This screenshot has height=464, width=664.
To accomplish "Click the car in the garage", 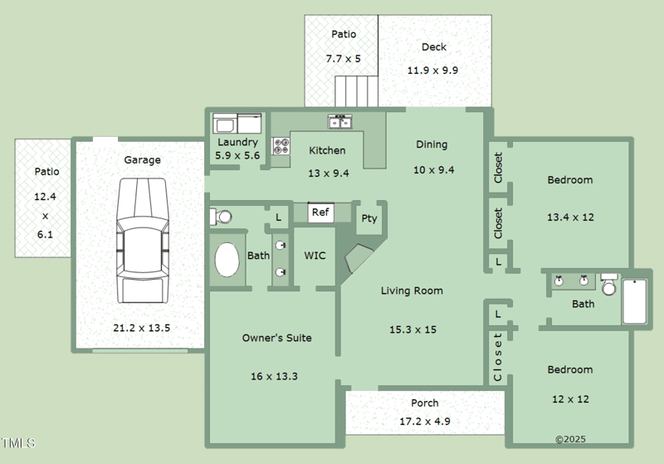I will [142, 241].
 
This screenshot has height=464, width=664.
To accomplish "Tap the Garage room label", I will [143, 160].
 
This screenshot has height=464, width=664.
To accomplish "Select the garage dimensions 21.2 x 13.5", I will [141, 328].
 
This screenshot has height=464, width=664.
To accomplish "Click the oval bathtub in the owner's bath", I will [227, 260].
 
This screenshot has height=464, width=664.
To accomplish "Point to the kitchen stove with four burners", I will [281, 147].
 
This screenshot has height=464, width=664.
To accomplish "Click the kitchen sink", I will [340, 123].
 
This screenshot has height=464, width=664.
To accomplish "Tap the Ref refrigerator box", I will [320, 212].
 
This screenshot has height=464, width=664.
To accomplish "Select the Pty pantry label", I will [369, 219].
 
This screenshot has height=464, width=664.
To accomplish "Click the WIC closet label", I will [315, 256].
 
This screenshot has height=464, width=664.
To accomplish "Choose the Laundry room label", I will [237, 143].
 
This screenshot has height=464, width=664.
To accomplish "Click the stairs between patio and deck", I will [356, 88].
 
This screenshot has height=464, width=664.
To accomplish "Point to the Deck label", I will [434, 47].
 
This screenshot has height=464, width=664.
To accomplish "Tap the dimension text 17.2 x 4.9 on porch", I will [425, 422].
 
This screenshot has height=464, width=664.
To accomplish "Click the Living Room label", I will [412, 291].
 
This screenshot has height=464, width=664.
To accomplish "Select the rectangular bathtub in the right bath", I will [634, 301].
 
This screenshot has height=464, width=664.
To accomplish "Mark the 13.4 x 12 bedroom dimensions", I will [570, 217].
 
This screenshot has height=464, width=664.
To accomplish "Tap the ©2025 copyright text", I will [570, 439].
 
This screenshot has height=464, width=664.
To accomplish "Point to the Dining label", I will [432, 144].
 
